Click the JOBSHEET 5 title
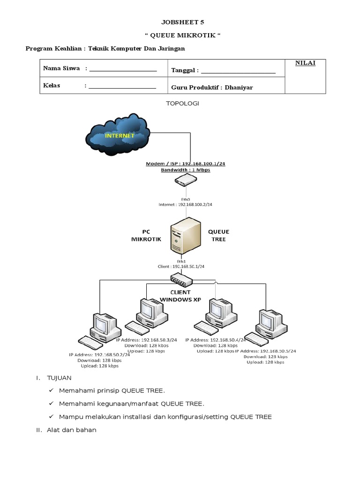pos(183,22)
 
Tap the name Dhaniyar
pos(239,87)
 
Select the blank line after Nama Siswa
pos(122,69)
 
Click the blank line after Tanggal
pos(238,71)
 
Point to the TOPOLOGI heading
pos(183,103)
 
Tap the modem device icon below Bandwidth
pos(185,179)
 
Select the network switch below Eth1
pos(181,281)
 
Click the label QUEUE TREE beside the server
pos(218,235)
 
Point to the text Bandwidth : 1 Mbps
pos(185,170)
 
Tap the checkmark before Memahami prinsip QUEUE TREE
pos(51,390)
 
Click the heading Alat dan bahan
pos(72,430)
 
